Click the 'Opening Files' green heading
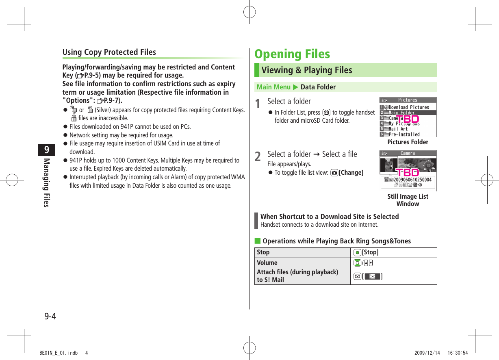pos(292,54)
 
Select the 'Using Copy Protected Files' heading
pos(109,52)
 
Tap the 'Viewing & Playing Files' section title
pos(307,70)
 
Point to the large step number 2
pos(258,157)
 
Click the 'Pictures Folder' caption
pos(408,142)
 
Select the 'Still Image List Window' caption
pos(408,200)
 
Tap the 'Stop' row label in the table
pos(263,252)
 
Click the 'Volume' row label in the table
pos(267,262)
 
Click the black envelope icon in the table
pos(372,277)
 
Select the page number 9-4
pos(50,316)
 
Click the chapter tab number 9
pos(47,150)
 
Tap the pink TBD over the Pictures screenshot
pos(408,119)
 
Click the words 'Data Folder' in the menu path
pos(318,87)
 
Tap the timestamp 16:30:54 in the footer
pos(458,353)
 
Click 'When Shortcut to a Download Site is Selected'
pos(330,217)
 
